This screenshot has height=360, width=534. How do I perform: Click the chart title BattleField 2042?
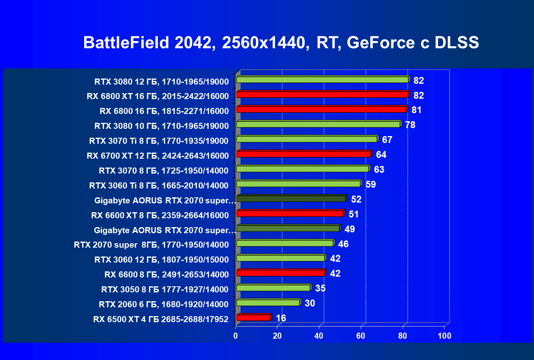click(281, 43)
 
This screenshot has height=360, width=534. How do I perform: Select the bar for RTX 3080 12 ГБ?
click(322, 80)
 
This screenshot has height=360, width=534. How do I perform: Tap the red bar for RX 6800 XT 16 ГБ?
click(322, 95)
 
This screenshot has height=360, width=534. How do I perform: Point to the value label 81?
click(416, 110)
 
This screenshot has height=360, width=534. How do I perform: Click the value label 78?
click(410, 125)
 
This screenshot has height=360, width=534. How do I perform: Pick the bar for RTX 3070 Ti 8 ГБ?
click(307, 139)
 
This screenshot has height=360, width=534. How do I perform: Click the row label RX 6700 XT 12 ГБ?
click(158, 156)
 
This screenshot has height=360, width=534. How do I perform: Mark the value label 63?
click(379, 170)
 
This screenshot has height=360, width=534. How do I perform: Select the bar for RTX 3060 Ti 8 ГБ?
click(298, 184)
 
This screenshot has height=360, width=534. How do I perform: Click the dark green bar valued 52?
click(291, 199)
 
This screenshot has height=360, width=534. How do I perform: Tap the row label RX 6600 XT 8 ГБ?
click(160, 215)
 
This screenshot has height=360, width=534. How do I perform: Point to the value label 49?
click(349, 229)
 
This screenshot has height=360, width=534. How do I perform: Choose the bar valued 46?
click(285, 243)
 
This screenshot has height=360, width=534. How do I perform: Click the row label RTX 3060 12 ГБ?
click(162, 260)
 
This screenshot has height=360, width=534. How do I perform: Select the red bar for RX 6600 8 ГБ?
click(281, 273)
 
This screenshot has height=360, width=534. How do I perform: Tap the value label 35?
click(320, 288)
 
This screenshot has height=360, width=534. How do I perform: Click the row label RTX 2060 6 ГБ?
click(164, 304)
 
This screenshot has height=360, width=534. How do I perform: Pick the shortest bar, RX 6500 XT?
click(253, 318)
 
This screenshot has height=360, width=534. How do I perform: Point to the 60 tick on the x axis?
click(361, 335)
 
